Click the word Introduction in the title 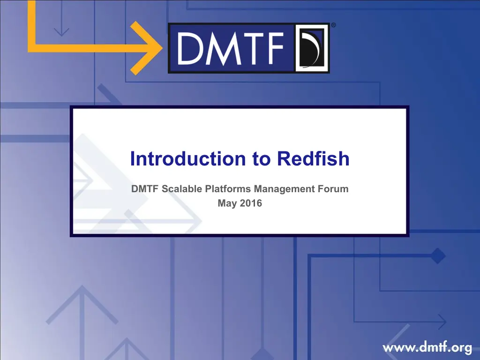[x=188, y=158]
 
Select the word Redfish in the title [x=313, y=158]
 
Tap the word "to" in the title [x=262, y=159]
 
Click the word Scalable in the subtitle [x=182, y=188]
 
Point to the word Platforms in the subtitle [x=228, y=188]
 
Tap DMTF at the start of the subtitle [x=145, y=188]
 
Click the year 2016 [x=251, y=203]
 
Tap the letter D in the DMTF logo [x=190, y=49]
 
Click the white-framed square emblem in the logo [x=311, y=48]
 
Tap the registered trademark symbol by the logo [x=333, y=25]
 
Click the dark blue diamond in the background [x=438, y=256]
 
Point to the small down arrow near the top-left [x=61, y=18]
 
